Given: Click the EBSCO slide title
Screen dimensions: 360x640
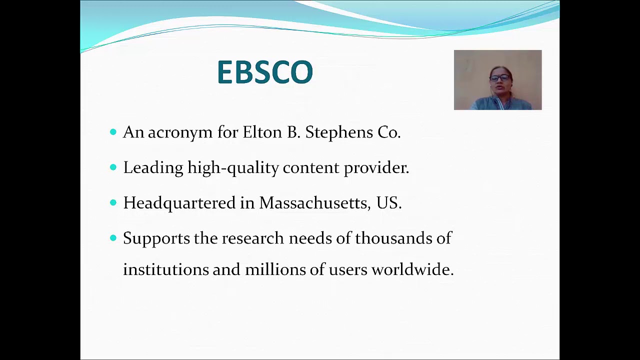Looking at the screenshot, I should click(x=265, y=72).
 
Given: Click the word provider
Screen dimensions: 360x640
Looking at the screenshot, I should click(x=376, y=168).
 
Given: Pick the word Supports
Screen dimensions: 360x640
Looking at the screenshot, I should click(x=156, y=238).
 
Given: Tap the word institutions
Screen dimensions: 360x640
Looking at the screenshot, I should click(x=165, y=270).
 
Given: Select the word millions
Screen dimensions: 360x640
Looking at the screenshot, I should click(x=275, y=270).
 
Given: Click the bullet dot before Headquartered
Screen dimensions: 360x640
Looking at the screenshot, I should click(x=113, y=202).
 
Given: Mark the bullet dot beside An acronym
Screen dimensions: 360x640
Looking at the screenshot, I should click(x=113, y=131).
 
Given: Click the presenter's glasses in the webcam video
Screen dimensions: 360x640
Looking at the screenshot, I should click(x=499, y=78).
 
